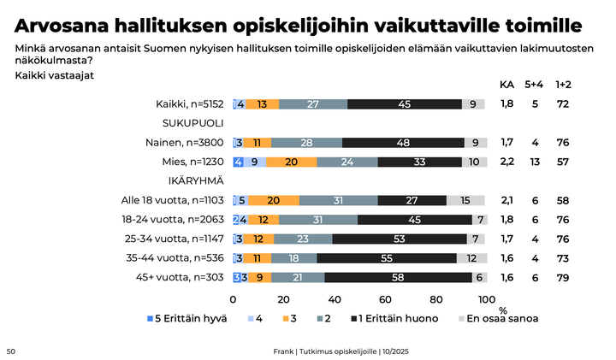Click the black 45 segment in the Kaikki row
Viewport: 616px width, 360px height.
pos(405,104)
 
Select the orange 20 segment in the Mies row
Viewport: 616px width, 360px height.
pos(292,162)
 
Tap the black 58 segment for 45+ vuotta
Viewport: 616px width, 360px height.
pos(398,276)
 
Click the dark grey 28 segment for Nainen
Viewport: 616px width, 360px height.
pos(306,143)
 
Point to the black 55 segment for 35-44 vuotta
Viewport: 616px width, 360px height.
pos(387,257)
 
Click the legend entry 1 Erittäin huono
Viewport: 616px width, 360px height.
pos(398,318)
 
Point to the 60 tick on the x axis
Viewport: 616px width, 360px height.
pos(385,299)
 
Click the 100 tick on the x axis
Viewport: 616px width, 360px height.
pos(486,299)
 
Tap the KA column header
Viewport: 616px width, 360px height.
pos(506,84)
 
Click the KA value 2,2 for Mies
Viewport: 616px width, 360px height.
pos(506,162)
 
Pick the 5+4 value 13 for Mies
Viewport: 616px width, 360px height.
pos(535,162)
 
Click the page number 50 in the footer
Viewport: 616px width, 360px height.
pos(11,351)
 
